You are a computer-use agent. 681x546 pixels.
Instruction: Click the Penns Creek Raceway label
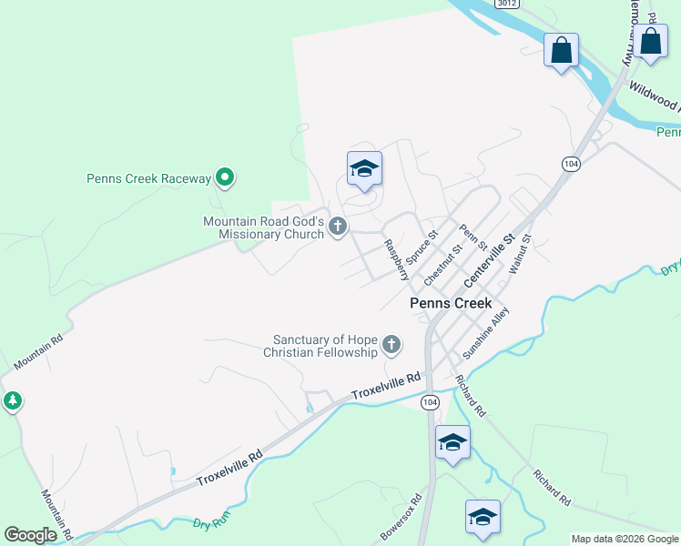(x=148, y=178)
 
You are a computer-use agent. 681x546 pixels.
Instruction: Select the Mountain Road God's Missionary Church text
(x=263, y=227)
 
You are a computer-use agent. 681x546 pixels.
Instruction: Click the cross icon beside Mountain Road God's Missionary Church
(x=338, y=226)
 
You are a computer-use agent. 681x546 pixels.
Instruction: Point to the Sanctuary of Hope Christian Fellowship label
(x=320, y=346)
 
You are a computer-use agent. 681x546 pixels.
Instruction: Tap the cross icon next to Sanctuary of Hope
(x=391, y=344)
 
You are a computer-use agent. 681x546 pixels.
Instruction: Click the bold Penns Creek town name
(x=451, y=303)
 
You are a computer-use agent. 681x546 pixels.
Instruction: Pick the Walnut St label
(x=519, y=254)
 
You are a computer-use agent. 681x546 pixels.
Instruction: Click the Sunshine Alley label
(x=486, y=332)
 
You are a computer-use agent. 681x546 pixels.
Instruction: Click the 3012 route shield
(x=508, y=4)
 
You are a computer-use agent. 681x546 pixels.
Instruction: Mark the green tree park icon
(x=12, y=400)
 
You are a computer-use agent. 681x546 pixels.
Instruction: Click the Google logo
(x=30, y=535)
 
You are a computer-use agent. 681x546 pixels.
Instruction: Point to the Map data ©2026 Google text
(x=625, y=539)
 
